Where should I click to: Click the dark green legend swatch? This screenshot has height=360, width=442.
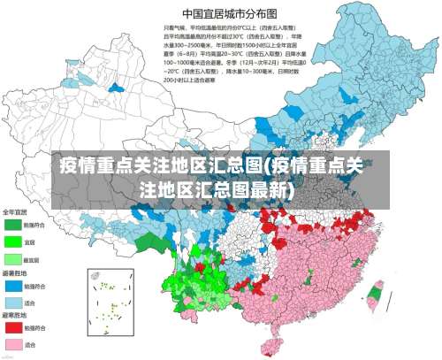click(x=13, y=225)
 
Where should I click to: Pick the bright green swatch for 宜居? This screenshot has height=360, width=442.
click(x=13, y=241)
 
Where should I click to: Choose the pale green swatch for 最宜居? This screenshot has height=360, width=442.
click(x=13, y=258)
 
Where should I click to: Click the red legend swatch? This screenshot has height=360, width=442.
click(x=13, y=327)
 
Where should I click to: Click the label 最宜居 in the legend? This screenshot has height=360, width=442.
click(x=33, y=259)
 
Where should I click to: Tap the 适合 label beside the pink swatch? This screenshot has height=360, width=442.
click(x=31, y=344)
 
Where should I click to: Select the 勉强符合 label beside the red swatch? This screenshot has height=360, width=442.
click(x=34, y=328)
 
